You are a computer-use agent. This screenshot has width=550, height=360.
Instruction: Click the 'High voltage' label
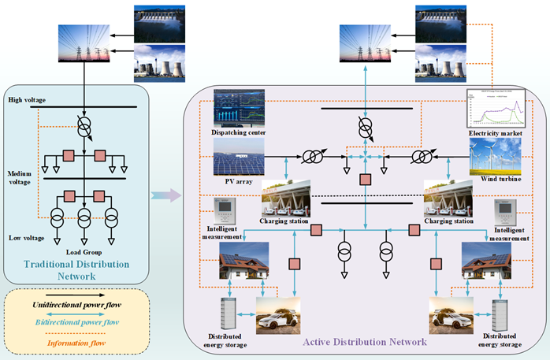pyautogui.click(x=28, y=100)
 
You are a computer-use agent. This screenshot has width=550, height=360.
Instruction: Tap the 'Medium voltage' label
pyautogui.click(x=20, y=179)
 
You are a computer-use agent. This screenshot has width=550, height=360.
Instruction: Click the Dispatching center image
pyautogui.click(x=242, y=106)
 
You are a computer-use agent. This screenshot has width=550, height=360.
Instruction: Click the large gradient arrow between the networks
pyautogui.click(x=164, y=195)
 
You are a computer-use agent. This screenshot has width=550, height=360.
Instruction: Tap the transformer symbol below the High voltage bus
pyautogui.click(x=86, y=125)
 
